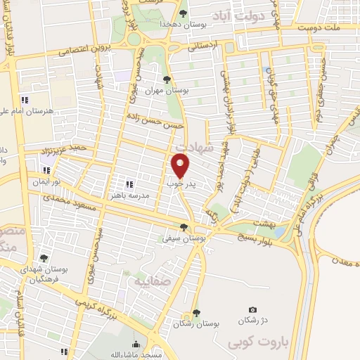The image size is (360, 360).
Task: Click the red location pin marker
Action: coord(181,166)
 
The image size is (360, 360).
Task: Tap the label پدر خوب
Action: coord(181,183)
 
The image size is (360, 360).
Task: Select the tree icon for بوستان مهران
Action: coord(167,79)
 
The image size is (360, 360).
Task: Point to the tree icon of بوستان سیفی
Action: coord(184,226)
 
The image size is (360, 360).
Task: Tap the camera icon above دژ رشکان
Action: coord(252,309)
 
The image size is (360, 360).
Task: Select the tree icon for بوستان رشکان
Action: coord(196,313)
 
